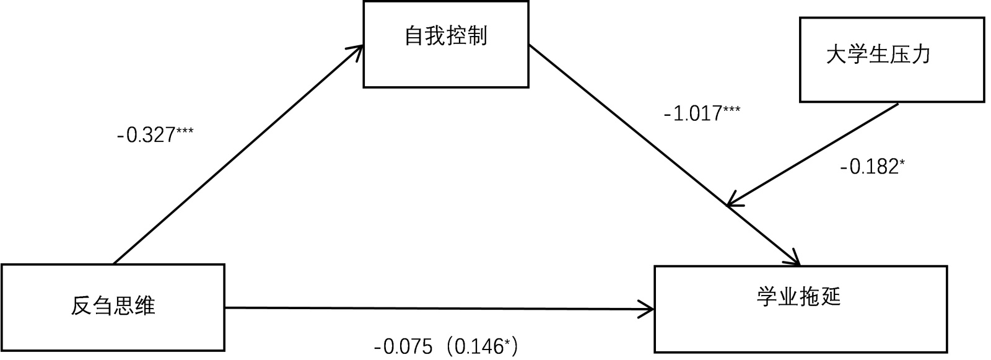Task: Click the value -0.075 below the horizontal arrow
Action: click(x=403, y=347)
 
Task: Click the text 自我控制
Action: click(x=446, y=36)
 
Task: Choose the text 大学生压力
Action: click(x=878, y=55)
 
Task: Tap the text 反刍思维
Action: click(x=113, y=305)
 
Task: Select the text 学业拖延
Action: click(x=798, y=297)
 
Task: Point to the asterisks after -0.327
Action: click(x=185, y=131)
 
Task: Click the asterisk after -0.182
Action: click(x=902, y=162)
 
